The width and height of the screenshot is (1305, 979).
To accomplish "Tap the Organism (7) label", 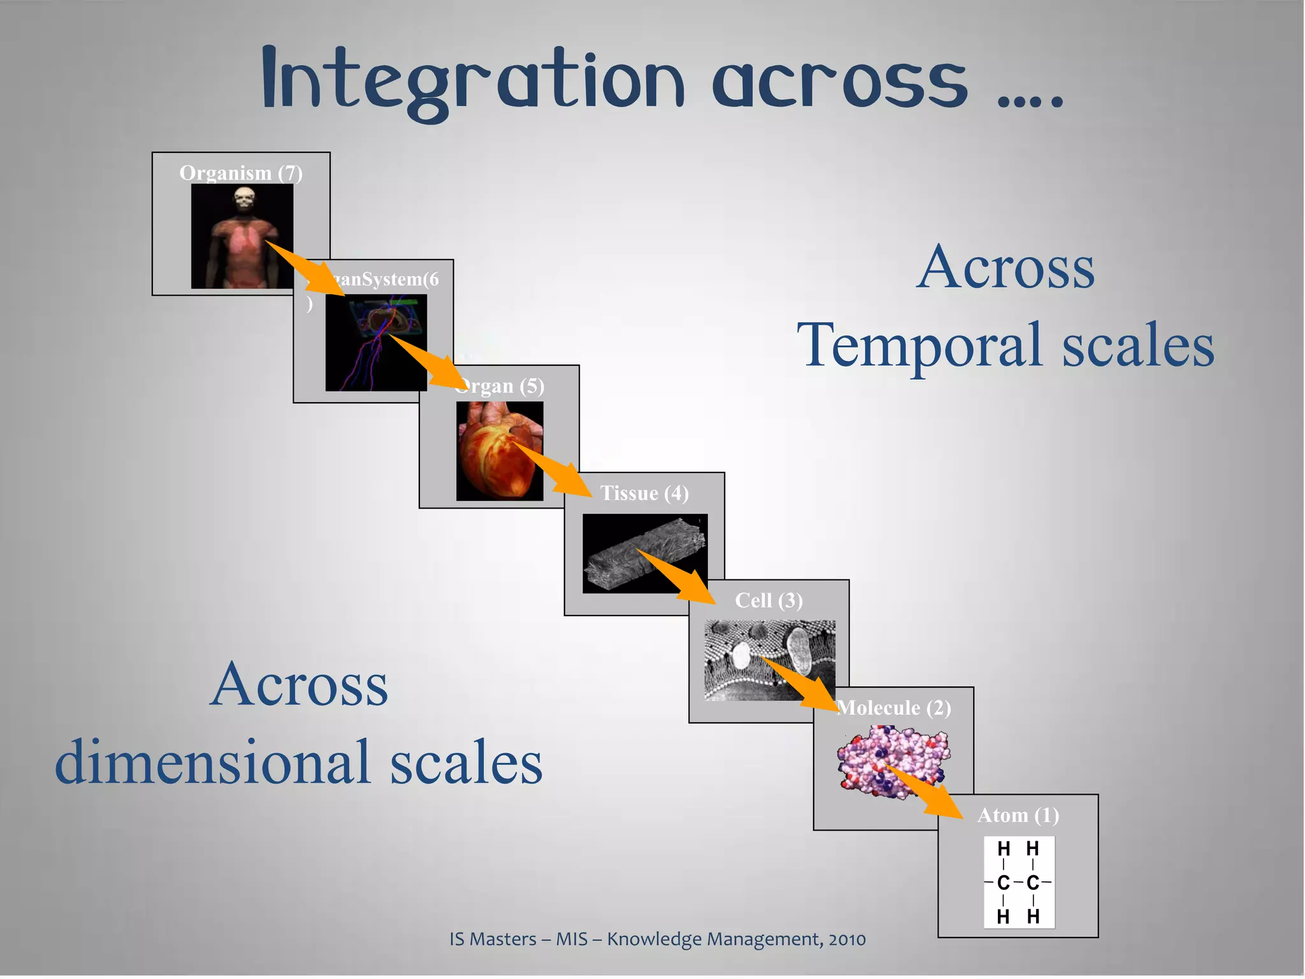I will click(x=241, y=173).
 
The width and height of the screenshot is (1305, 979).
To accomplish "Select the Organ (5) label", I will click(x=501, y=386).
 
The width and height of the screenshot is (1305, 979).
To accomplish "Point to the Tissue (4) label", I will click(x=644, y=493).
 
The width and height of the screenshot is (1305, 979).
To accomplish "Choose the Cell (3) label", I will click(x=768, y=600).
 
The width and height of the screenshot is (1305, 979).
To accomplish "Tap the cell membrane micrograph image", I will click(x=769, y=660).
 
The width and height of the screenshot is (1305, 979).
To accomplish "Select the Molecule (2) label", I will click(x=894, y=707).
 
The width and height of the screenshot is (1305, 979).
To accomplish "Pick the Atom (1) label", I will click(x=1018, y=815).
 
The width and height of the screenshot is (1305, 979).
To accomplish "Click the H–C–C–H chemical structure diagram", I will click(x=1018, y=882).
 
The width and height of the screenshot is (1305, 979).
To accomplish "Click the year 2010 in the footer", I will click(x=847, y=939).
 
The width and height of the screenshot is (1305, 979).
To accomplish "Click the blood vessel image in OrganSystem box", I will click(x=376, y=342).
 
